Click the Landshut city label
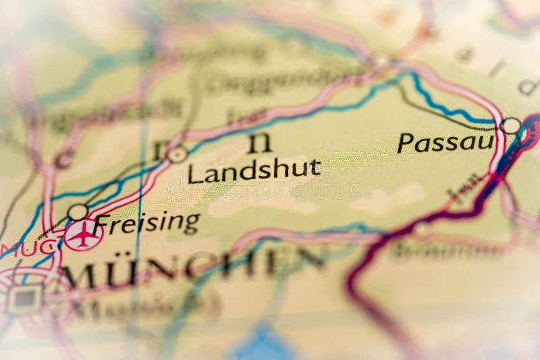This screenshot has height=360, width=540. click(x=254, y=171)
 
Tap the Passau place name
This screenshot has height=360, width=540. click(x=445, y=143)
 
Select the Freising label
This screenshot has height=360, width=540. click(x=147, y=223)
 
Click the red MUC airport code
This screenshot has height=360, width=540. click(x=28, y=248)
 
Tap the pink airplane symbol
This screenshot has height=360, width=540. click(x=83, y=236)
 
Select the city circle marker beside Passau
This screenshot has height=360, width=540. click(x=511, y=126)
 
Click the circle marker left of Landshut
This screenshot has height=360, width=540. click(x=178, y=155)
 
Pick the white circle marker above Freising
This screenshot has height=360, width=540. click(x=78, y=212)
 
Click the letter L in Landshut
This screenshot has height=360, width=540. click(x=194, y=173)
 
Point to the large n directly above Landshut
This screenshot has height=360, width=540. click(x=260, y=143)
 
